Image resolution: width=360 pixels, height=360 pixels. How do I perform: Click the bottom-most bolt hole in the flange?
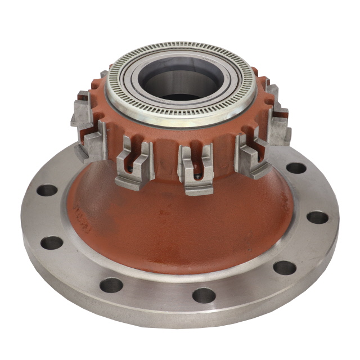(x=204, y=295)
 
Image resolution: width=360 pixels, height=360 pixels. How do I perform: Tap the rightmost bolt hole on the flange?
(x=317, y=217)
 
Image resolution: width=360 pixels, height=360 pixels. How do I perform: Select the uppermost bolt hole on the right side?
(x=295, y=168)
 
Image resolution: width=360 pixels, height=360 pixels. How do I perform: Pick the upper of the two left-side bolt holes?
(x=47, y=190)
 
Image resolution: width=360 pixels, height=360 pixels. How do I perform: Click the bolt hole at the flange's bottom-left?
(x=111, y=285)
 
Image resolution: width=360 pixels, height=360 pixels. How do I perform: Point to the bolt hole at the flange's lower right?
(x=285, y=268)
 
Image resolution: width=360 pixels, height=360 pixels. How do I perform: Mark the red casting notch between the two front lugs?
(x=166, y=163)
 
